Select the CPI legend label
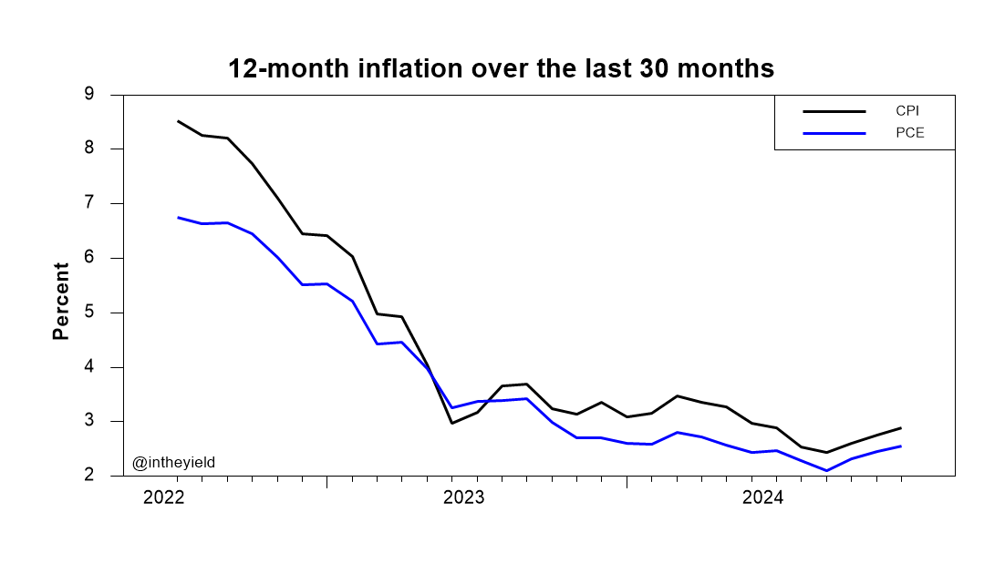tap(907, 110)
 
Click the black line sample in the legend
tap(834, 111)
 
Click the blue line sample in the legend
tap(834, 134)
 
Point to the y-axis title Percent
tap(61, 301)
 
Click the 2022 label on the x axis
tap(163, 497)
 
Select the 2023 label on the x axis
tap(463, 497)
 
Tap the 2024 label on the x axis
tap(763, 497)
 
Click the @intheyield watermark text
tap(173, 463)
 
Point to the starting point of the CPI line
tap(177, 121)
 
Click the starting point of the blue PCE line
tap(177, 218)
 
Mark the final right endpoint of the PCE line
tap(901, 446)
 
